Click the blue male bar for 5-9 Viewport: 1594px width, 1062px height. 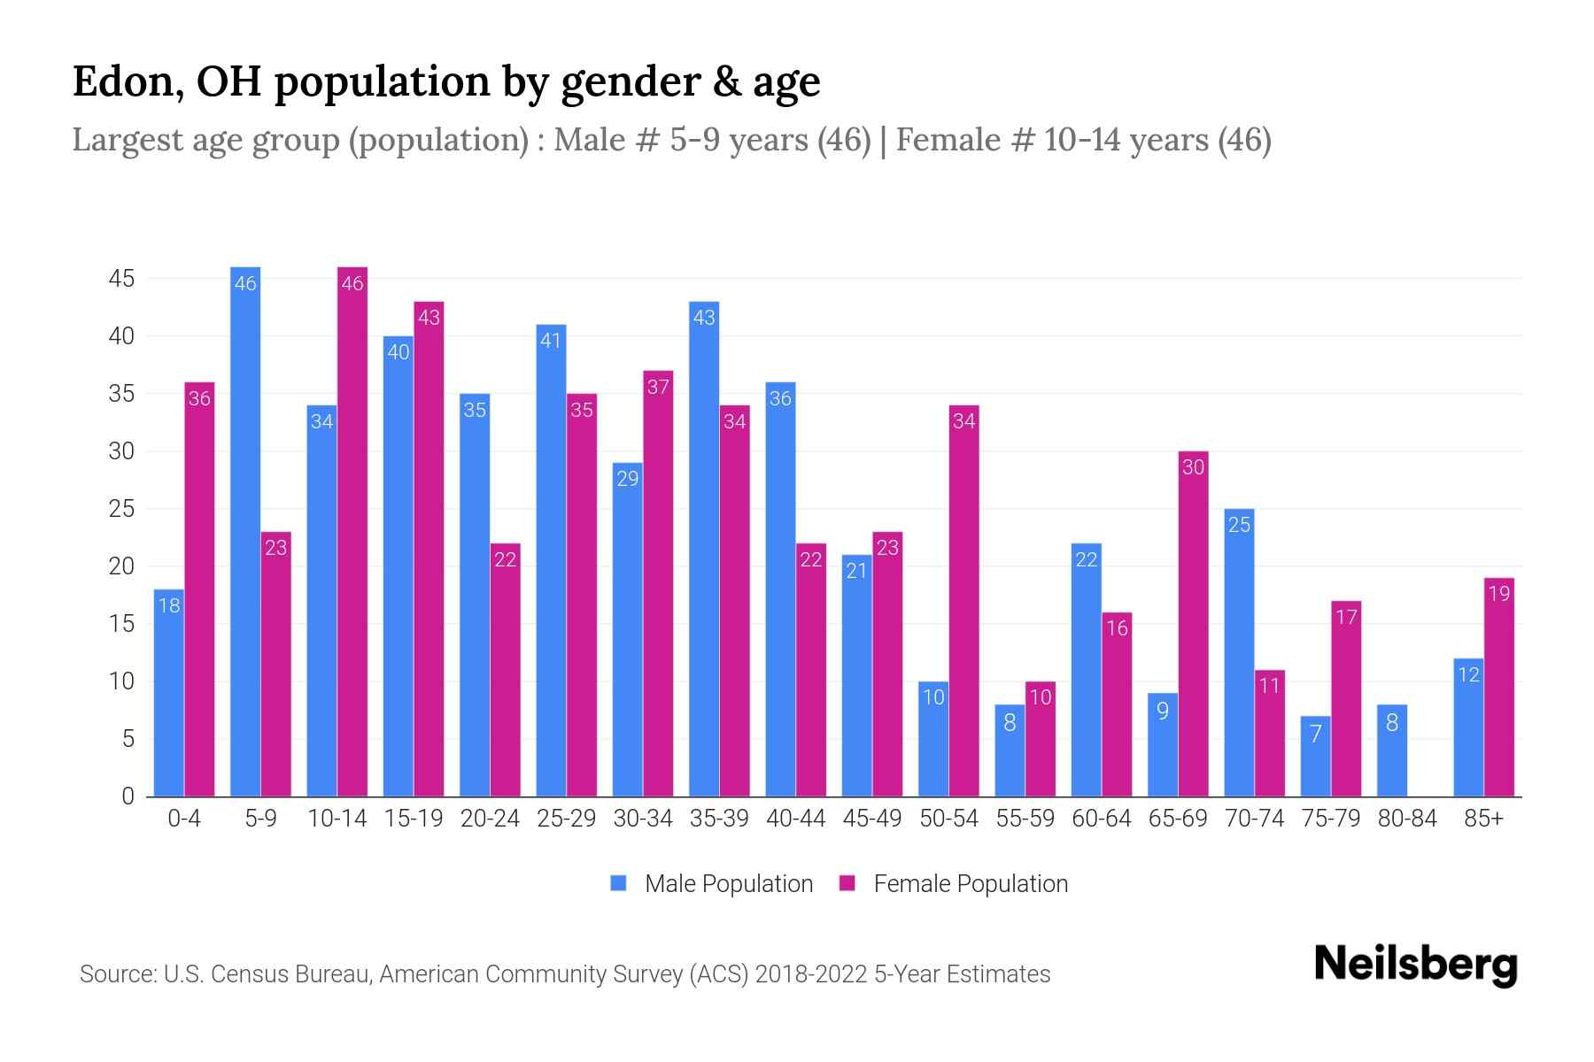coord(245,531)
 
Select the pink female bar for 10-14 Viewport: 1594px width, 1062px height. coord(352,531)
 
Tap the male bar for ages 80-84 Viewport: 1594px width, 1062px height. coord(1392,750)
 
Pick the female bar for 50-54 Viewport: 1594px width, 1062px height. coord(963,602)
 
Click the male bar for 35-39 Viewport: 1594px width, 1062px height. coord(704,549)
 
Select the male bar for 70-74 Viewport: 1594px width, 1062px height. coord(1239,653)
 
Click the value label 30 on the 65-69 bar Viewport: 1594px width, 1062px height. coord(1193,467)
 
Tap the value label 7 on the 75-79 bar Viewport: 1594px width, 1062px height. coord(1315,734)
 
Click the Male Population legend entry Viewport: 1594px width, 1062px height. coord(712,883)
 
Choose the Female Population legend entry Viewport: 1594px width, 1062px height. coord(955,883)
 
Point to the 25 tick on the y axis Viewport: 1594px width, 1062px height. coord(121,509)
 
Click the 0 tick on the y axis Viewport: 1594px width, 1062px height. coord(128,796)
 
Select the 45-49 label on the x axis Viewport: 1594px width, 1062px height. coord(871,819)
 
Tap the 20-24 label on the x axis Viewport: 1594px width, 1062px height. coord(490,819)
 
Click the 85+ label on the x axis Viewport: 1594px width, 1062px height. coord(1483,819)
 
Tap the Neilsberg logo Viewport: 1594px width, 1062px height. coord(1415,965)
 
